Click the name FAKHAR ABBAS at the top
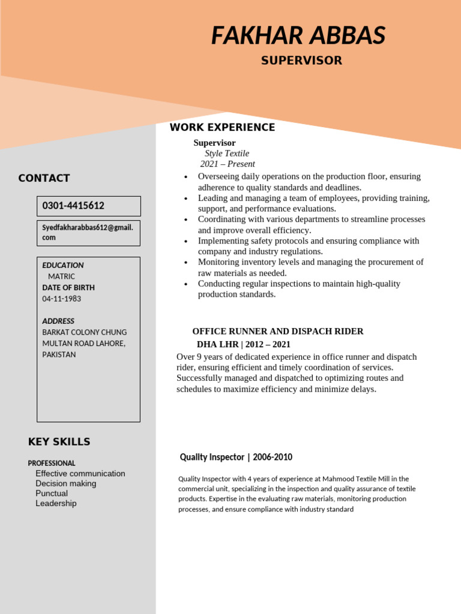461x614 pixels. (298, 36)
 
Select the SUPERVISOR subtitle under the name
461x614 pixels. (301, 61)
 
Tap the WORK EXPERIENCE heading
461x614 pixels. (222, 127)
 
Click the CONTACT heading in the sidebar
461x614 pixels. (44, 178)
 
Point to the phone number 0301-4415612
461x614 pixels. (73, 206)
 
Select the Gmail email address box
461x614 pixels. (88, 233)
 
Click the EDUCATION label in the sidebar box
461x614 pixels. (63, 265)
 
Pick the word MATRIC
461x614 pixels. (61, 276)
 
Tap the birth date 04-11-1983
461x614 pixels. (61, 299)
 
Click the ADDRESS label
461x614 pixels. (58, 321)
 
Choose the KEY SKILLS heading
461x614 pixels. (59, 442)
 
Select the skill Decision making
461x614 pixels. (65, 483)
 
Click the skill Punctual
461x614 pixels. (52, 493)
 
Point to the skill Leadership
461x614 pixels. (56, 504)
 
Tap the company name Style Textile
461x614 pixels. (227, 153)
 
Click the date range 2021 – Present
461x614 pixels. (227, 164)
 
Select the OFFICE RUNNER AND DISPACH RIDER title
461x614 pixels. (277, 332)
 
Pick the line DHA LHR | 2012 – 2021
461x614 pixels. (244, 344)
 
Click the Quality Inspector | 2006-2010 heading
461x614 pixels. (236, 458)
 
